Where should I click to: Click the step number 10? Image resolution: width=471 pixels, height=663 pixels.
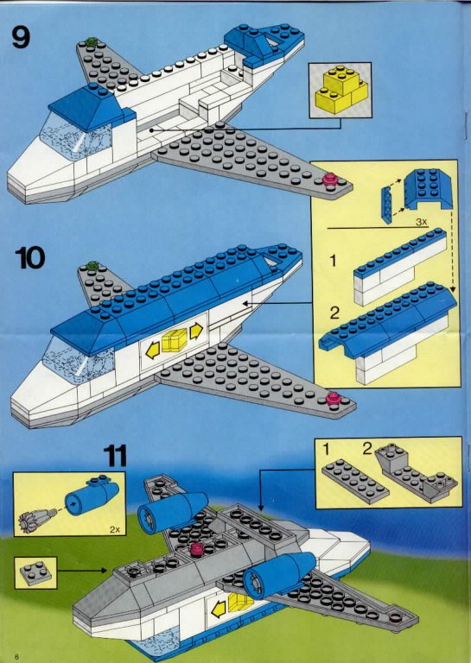pos(29,257)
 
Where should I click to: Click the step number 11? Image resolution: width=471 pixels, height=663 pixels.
pos(115,456)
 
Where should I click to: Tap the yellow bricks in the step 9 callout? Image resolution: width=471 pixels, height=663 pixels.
pos(341,90)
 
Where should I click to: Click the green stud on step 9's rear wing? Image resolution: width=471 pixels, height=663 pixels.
pos(91,41)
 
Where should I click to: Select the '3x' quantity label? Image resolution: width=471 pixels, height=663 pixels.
pos(422,222)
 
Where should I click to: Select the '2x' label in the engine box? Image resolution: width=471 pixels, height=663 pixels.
pos(115,529)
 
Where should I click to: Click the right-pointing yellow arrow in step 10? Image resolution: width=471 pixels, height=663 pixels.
pos(196,331)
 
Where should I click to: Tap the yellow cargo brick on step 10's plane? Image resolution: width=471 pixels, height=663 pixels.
pos(174,340)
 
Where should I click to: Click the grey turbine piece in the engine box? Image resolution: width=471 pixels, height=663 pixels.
pos(37,521)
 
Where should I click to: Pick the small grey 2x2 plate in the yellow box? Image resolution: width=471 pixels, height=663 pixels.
pos(36,573)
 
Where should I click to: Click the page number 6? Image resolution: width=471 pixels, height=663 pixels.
pos(16,656)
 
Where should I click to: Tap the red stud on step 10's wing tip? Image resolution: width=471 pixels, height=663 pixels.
pos(334,399)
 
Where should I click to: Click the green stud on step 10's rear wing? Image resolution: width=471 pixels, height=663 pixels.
pos(92,266)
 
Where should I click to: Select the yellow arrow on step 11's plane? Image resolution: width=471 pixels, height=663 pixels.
pos(219,609)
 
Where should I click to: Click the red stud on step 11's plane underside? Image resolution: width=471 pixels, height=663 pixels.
pos(197,549)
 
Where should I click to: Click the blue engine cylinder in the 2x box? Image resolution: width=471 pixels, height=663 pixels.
pos(90,498)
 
